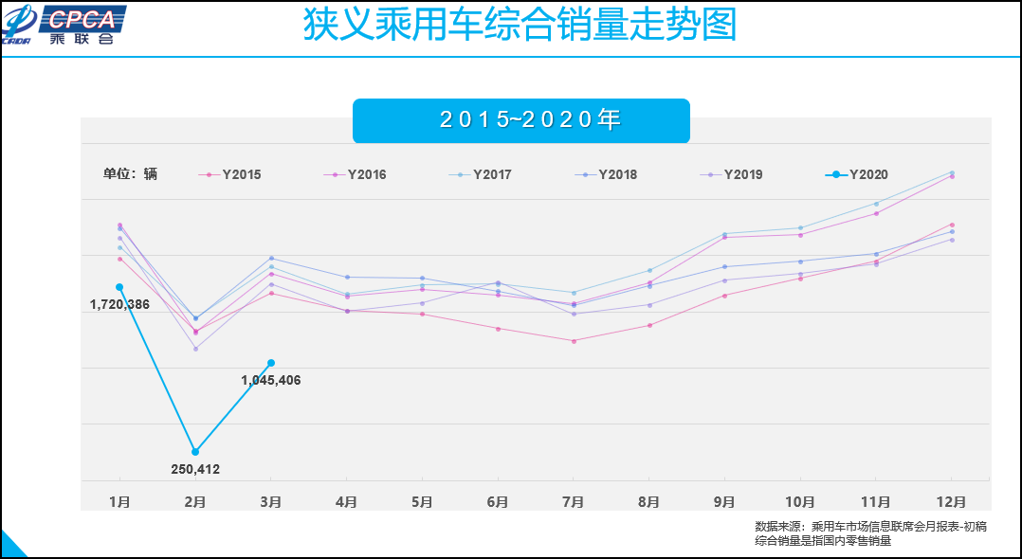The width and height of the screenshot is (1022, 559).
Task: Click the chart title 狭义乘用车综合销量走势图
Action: tap(520, 26)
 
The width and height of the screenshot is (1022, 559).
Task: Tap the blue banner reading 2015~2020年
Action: tap(520, 120)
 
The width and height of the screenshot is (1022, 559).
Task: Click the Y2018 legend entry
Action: tap(606, 174)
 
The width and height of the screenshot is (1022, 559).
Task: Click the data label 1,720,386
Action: tap(119, 305)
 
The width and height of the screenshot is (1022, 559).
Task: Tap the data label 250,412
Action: tap(195, 469)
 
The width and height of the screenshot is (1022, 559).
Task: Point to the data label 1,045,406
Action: tap(270, 381)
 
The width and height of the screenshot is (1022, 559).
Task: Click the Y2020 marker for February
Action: tap(195, 452)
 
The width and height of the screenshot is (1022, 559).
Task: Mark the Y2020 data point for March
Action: tap(271, 363)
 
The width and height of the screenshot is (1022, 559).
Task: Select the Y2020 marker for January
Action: tap(119, 287)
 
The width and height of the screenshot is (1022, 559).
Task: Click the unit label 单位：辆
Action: tap(130, 174)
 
